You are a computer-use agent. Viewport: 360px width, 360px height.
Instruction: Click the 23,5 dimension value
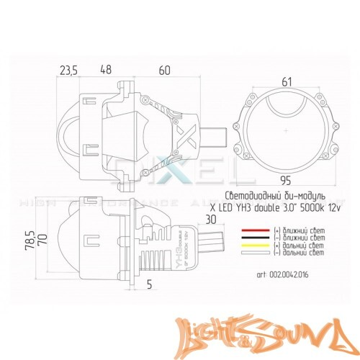click(x=68, y=71)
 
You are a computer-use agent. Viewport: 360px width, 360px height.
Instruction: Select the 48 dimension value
click(x=105, y=71)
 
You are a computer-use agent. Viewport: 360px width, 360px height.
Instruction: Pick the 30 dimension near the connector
click(x=211, y=220)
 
